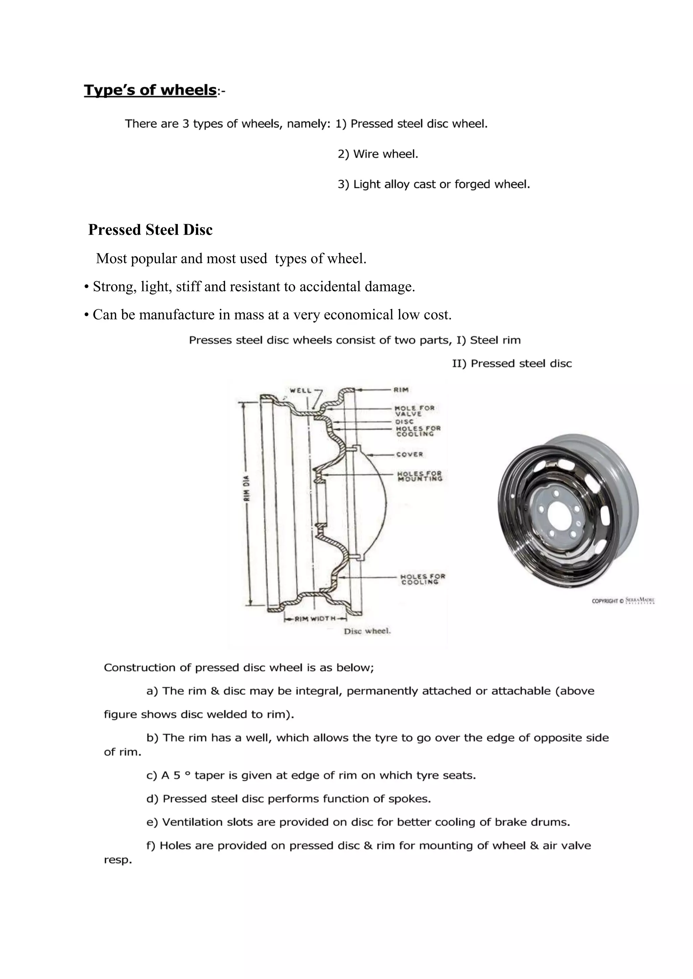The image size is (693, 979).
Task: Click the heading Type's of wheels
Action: point(150,90)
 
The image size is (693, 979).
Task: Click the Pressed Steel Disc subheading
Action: point(150,230)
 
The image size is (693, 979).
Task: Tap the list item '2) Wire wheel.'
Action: point(378,154)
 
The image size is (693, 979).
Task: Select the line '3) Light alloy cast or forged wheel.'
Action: point(433,184)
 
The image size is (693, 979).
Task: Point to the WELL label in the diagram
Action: point(300,390)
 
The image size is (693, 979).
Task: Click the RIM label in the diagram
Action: point(402,389)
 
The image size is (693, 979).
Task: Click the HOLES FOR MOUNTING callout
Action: point(420,476)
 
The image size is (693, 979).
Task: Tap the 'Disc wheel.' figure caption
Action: point(367,631)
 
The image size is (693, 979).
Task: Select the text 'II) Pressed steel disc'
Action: point(512,364)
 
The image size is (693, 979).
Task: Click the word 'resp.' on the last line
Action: point(118,860)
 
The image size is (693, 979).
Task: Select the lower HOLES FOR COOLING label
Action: point(422,579)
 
